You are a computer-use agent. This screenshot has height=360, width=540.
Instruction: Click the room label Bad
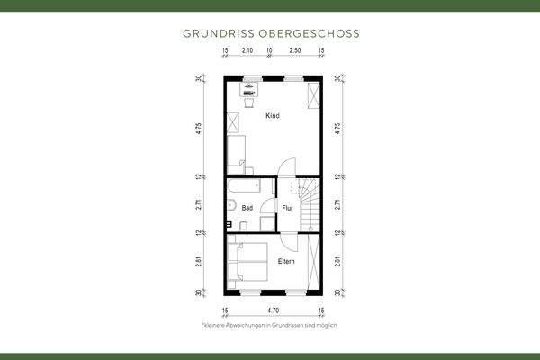click(246, 207)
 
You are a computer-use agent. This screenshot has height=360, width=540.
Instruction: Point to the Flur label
click(287, 208)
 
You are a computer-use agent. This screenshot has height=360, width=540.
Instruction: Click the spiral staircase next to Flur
click(309, 203)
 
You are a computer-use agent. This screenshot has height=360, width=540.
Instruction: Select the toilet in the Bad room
click(231, 225)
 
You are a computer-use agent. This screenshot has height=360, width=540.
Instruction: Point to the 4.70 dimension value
click(272, 310)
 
